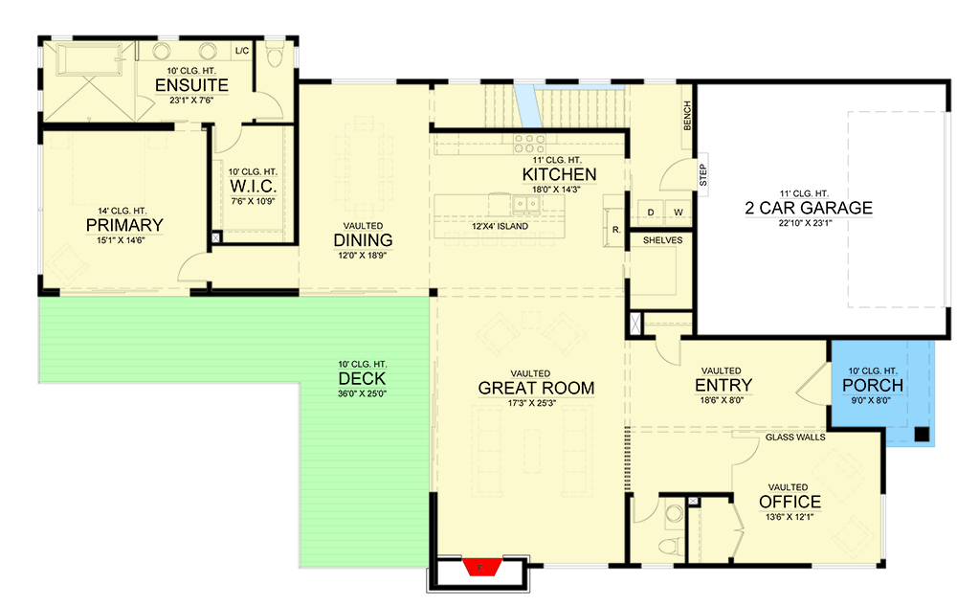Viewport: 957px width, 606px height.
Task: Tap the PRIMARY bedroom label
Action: click(x=124, y=225)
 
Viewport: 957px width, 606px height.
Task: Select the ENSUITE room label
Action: click(x=191, y=86)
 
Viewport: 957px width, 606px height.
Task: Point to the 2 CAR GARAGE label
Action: click(x=809, y=208)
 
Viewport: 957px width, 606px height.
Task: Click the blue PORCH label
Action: click(x=872, y=386)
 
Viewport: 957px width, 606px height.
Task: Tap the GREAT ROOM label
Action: click(x=536, y=388)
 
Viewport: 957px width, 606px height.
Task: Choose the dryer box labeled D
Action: click(x=651, y=211)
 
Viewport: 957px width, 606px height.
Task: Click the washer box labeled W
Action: click(x=677, y=211)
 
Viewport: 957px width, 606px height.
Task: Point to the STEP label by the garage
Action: click(x=702, y=173)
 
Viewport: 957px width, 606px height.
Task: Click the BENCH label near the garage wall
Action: click(x=686, y=117)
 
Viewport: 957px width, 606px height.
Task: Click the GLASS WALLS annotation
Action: click(x=795, y=437)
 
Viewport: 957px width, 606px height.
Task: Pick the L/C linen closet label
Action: click(x=241, y=50)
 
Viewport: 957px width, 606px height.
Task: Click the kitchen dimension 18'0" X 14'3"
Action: click(x=559, y=190)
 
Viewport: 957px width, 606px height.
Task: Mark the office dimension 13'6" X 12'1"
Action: click(x=790, y=517)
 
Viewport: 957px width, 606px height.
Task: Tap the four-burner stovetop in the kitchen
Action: click(x=528, y=144)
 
